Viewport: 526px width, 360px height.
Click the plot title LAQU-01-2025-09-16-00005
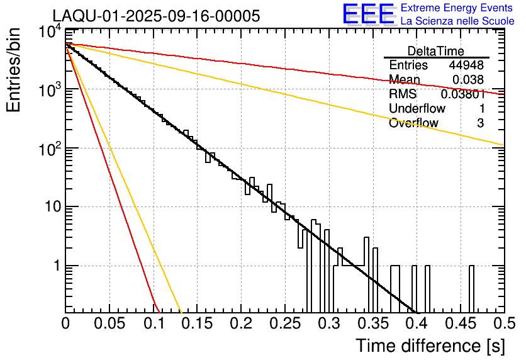156,17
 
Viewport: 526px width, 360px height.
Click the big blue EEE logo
368,15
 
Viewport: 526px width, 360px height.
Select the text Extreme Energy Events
457,8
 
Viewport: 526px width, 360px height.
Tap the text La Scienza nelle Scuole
457,21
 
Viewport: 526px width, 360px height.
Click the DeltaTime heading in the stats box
436,51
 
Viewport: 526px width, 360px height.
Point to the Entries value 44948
466,65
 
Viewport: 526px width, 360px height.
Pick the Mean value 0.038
468,80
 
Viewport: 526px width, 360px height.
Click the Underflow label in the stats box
417,108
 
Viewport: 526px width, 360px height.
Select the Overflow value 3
480,123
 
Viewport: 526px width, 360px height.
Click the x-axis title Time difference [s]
429,346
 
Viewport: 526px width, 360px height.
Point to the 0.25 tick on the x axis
284,323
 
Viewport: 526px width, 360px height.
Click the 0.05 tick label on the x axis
109,323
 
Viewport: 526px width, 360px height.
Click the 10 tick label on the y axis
50,207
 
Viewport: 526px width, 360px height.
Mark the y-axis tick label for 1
55,266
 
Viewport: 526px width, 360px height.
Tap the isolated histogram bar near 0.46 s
471,290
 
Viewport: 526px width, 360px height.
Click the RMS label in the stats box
403,94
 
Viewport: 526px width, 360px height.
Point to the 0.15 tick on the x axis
197,323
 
